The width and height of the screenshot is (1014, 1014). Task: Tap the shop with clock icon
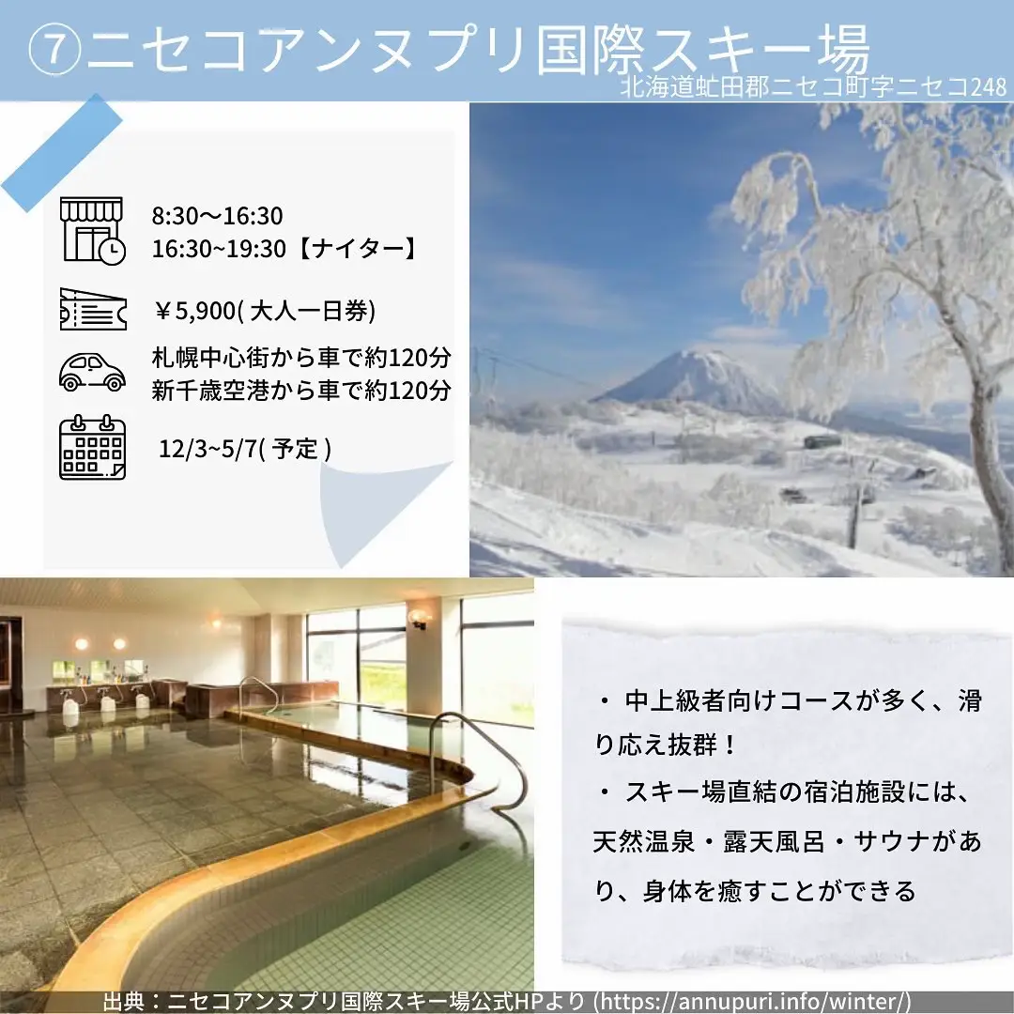point(92,229)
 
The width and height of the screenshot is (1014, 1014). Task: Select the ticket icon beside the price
point(92,308)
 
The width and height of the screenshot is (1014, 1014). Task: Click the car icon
point(92,372)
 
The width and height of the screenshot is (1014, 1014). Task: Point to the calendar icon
point(92,447)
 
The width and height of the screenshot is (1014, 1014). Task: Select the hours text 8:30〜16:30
point(217,217)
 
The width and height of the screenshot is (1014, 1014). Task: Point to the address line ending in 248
point(813,87)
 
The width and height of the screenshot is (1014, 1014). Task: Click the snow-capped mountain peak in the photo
point(699,361)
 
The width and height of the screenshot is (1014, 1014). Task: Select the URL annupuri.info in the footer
point(751,1002)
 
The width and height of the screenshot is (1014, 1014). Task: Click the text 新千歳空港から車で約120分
point(301,390)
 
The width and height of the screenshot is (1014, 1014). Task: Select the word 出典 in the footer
point(122,1002)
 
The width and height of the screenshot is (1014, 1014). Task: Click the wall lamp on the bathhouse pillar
point(419,618)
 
